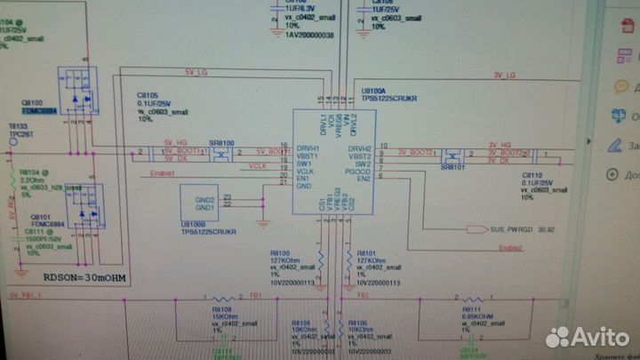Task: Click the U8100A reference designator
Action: click(x=378, y=91)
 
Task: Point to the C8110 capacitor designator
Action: click(x=532, y=176)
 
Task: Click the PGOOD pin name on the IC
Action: click(x=361, y=172)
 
